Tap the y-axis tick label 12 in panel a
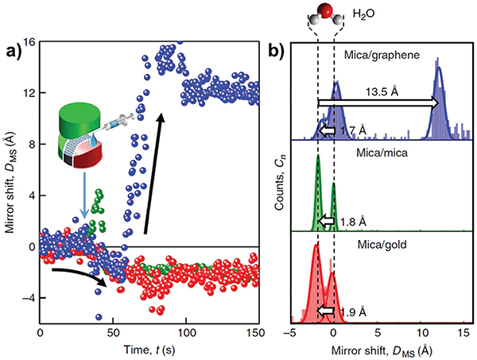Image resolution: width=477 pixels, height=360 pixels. click(28, 93)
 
